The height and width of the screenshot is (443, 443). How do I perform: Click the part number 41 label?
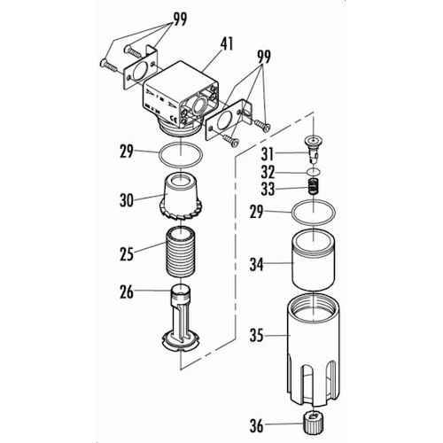tap(227, 43)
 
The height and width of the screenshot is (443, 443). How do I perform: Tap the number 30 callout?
tap(127, 200)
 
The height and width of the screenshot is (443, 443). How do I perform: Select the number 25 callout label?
tap(127, 254)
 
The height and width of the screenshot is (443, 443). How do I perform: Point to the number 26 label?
tap(127, 291)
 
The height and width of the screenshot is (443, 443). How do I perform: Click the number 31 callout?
tap(268, 154)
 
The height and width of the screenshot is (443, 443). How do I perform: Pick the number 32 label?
tap(268, 172)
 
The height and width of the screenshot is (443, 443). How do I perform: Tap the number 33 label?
tap(268, 189)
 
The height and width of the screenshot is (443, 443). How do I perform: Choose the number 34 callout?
tap(256, 264)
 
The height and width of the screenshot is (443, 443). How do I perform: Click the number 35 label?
tap(256, 336)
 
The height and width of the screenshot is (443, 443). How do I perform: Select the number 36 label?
tap(256, 425)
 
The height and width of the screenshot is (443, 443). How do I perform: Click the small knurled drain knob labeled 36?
tap(313, 424)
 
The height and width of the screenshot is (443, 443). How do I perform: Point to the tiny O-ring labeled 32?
tap(313, 171)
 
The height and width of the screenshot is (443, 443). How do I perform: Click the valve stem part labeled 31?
tap(313, 149)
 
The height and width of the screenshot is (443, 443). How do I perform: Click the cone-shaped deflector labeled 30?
tap(181, 196)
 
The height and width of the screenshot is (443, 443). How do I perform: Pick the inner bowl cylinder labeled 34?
tap(314, 259)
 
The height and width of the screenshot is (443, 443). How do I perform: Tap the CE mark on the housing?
tap(173, 120)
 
